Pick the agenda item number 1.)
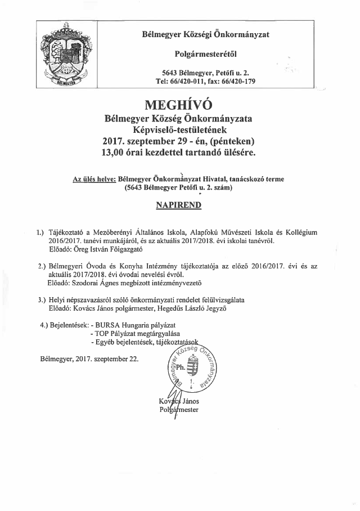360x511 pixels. coord(40,231)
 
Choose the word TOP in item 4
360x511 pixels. coord(103,334)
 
